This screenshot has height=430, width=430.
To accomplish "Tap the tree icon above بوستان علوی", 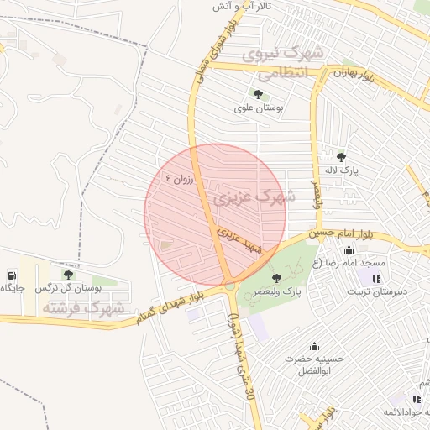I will point(256,94).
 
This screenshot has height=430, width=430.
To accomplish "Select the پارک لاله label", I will point(342,170).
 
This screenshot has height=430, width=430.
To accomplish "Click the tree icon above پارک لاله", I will point(340,156).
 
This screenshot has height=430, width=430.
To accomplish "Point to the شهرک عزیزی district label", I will point(254,198).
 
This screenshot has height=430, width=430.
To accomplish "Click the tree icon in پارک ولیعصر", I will point(277,277).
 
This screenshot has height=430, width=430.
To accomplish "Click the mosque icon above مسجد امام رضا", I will point(349,249).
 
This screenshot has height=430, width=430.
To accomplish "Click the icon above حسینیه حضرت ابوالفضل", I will point(315,345).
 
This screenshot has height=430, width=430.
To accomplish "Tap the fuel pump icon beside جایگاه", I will point(11,275).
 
